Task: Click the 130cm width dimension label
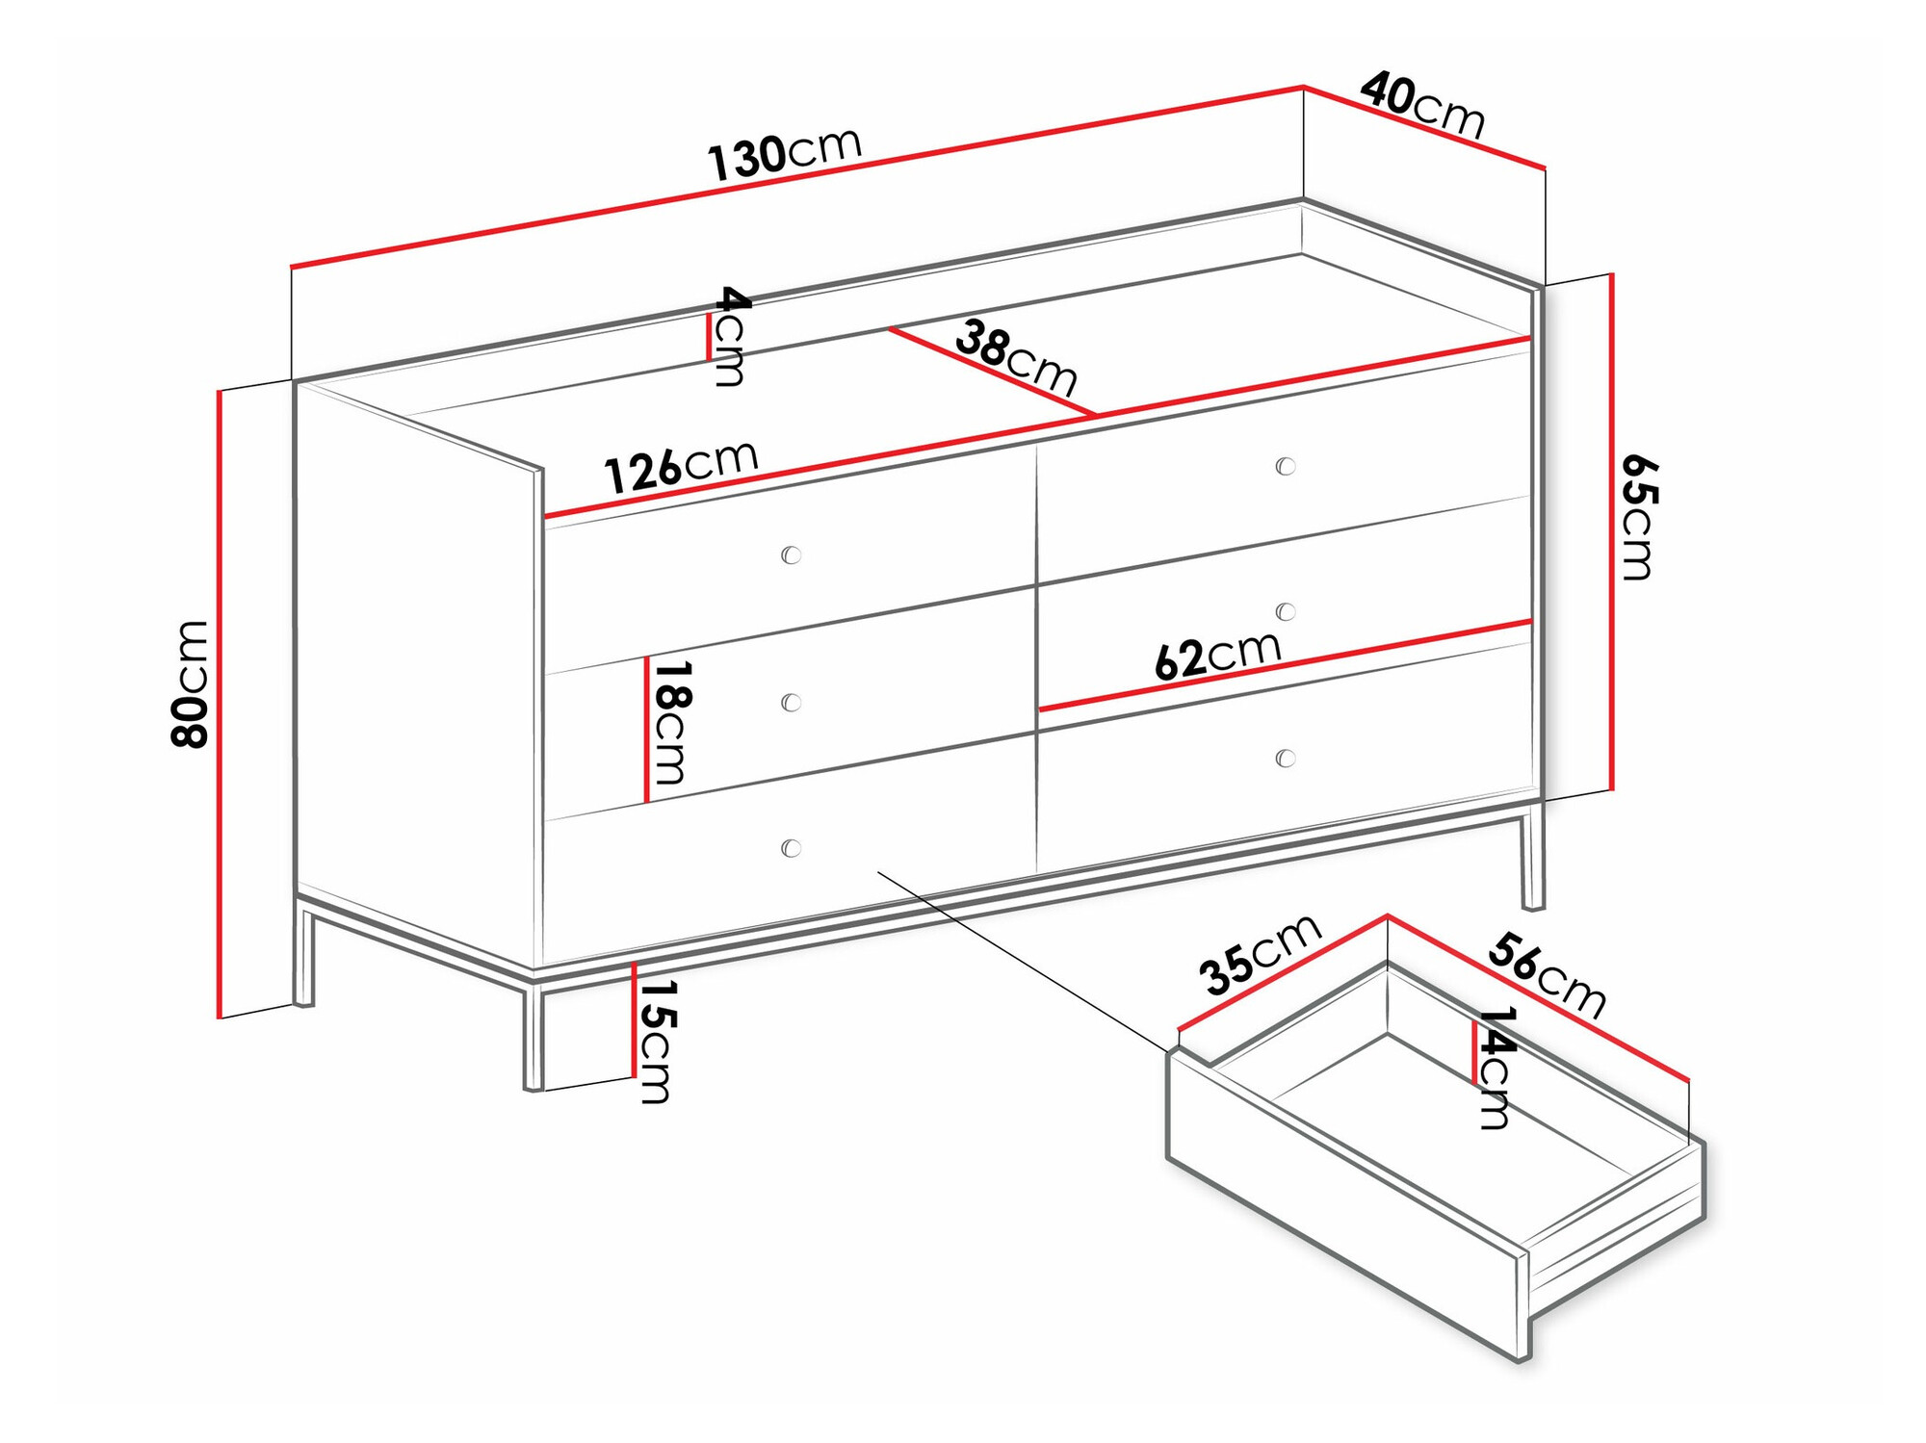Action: (x=785, y=154)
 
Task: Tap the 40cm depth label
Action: (x=1422, y=104)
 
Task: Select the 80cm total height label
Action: (x=190, y=684)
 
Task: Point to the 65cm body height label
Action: (x=1636, y=517)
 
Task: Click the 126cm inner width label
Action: (x=681, y=468)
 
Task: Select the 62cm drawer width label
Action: (x=1217, y=656)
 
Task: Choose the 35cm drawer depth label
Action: (x=1260, y=954)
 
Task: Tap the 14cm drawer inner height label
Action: (x=1496, y=1068)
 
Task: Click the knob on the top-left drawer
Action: (x=792, y=554)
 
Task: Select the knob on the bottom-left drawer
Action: (x=792, y=848)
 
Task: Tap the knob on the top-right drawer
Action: (x=1286, y=466)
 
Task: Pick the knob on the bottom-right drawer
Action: (x=1286, y=759)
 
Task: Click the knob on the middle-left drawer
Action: (x=792, y=702)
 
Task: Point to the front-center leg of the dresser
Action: (x=534, y=1036)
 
